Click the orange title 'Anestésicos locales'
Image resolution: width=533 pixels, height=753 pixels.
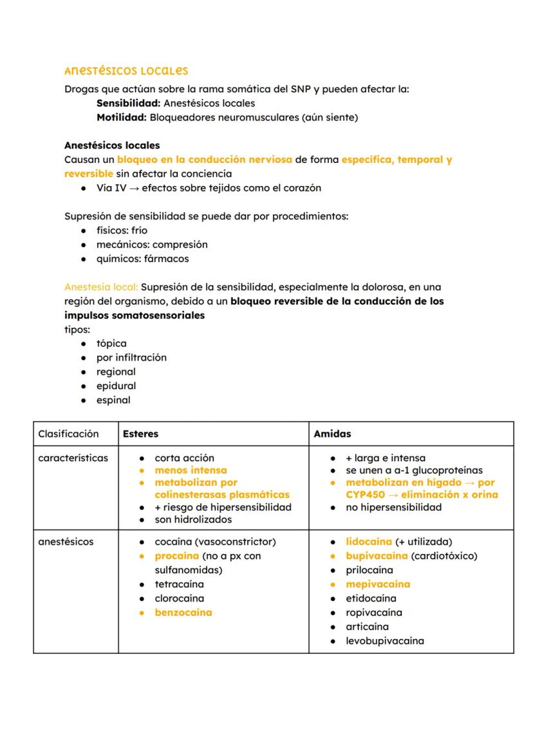126,71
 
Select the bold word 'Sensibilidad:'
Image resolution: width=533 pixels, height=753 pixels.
128,103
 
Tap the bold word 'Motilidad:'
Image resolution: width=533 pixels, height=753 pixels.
122,117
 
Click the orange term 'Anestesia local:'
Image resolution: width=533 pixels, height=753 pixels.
101,287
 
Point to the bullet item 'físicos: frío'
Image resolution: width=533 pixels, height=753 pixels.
122,231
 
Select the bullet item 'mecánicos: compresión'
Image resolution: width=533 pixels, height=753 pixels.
152,245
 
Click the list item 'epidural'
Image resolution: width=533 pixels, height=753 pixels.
116,386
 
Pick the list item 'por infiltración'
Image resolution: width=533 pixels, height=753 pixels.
131,357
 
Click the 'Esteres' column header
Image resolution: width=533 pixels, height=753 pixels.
140,434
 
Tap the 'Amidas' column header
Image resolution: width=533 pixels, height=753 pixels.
332,434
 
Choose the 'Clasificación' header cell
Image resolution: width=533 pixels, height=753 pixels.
68,434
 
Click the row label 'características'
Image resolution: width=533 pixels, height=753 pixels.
73,458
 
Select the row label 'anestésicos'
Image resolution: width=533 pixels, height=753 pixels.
66,542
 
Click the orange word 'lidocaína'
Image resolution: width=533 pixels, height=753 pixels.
369,542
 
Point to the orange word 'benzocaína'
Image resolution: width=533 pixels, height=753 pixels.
183,613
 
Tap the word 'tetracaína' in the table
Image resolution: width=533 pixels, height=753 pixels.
179,584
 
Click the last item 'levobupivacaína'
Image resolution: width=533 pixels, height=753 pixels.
384,641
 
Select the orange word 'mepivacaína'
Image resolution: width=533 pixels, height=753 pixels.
378,584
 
